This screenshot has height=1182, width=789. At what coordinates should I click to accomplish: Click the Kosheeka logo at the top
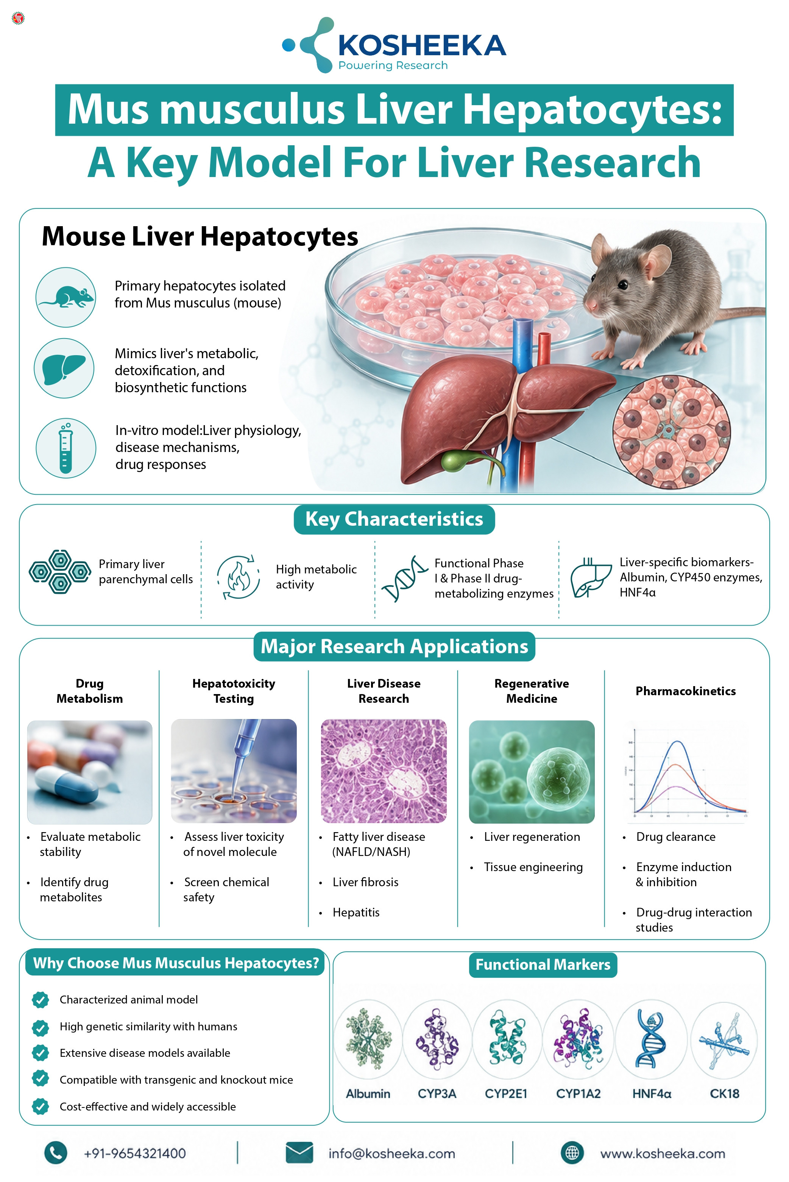coord(394,45)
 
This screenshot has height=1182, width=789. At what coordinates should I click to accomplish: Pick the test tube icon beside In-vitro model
coord(65,448)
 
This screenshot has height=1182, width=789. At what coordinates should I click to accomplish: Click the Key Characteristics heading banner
coord(394,519)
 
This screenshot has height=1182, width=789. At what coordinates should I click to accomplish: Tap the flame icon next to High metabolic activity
coord(239,578)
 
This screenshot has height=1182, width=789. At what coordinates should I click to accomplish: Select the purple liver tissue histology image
coord(384,771)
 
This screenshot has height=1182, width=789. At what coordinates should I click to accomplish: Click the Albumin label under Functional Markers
coord(368,1093)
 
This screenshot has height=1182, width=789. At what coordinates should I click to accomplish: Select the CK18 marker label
coord(725,1093)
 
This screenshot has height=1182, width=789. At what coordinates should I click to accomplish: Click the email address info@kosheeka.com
coord(391,1153)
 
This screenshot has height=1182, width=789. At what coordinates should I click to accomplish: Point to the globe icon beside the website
coord(572,1152)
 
